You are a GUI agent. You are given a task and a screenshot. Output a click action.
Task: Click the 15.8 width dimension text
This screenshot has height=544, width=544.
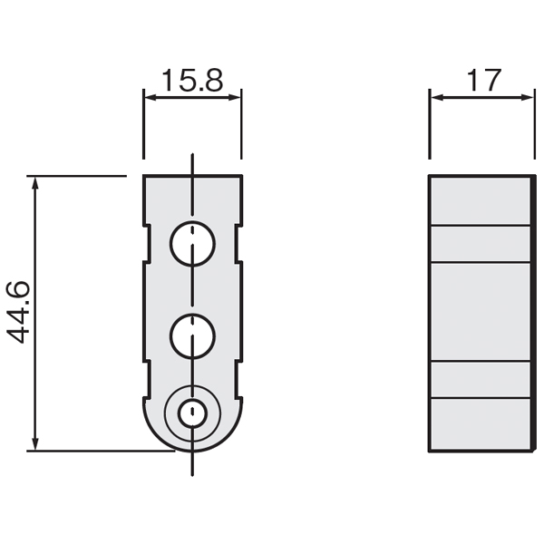pyautogui.click(x=192, y=81)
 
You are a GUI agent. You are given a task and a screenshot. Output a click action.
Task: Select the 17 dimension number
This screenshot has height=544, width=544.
pyautogui.click(x=483, y=80)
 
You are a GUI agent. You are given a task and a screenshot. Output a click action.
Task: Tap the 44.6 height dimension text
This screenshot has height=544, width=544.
pyautogui.click(x=18, y=312)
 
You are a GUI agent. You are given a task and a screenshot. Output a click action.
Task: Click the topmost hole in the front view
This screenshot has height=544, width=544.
pyautogui.click(x=192, y=244)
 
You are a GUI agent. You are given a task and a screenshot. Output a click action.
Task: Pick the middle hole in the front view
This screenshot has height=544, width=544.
pyautogui.click(x=192, y=335)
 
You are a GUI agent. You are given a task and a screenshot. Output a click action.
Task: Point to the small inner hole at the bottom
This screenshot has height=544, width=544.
pyautogui.click(x=192, y=413)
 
